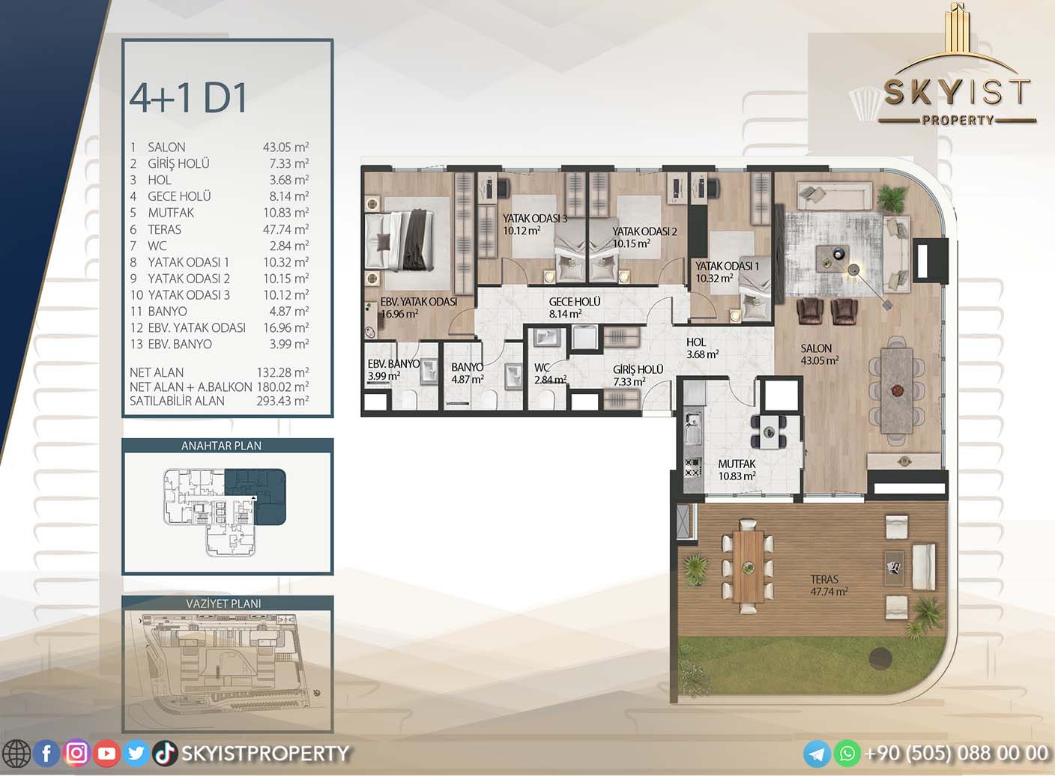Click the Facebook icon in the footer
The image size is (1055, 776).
pyautogui.click(x=46, y=754)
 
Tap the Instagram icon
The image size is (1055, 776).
pyautogui.click(x=76, y=754)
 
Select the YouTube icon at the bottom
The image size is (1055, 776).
pyautogui.click(x=106, y=754)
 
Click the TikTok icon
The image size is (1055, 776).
pyautogui.click(x=164, y=754)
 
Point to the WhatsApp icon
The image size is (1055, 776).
pyautogui.click(x=847, y=754)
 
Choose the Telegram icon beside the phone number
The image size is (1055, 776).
pyautogui.click(x=817, y=754)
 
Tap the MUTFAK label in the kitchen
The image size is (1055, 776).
pyautogui.click(x=737, y=464)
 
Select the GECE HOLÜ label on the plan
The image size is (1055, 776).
pyautogui.click(x=575, y=301)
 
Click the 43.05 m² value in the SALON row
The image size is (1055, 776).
pyautogui.click(x=286, y=147)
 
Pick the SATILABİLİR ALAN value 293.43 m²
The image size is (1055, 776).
pyautogui.click(x=282, y=401)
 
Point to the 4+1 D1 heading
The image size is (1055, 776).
pyautogui.click(x=188, y=99)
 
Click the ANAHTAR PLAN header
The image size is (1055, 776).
pyautogui.click(x=221, y=446)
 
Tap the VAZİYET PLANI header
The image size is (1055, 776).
pyautogui.click(x=223, y=603)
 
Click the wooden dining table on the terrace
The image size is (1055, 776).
pyautogui.click(x=748, y=566)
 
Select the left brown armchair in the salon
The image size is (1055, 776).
pyautogui.click(x=810, y=312)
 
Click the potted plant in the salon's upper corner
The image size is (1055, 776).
pyautogui.click(x=892, y=197)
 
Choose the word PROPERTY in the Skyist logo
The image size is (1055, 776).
pyautogui.click(x=958, y=120)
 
